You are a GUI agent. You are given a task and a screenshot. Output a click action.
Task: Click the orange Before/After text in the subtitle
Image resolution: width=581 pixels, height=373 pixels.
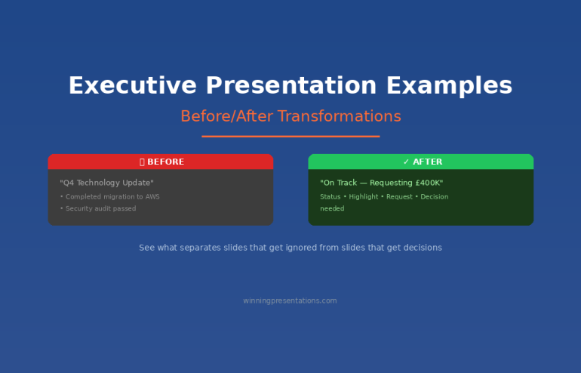227,116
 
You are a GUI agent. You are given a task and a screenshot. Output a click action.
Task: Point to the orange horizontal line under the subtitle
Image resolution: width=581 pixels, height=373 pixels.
290,137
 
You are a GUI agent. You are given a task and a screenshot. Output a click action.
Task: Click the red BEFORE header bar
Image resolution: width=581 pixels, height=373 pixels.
161,162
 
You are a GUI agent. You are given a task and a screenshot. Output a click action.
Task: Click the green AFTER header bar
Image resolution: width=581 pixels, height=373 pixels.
421,162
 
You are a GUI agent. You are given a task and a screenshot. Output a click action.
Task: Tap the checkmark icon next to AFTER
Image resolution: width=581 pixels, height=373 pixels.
406,162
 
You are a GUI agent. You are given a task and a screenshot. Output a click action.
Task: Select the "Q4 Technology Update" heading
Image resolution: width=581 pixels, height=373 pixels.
106,183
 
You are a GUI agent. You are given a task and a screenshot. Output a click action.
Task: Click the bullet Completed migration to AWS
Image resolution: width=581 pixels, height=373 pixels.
110,197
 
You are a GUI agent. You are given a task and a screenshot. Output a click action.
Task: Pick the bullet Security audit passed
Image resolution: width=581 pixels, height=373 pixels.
99,208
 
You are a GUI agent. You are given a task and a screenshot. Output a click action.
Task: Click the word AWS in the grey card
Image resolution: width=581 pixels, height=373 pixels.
152,197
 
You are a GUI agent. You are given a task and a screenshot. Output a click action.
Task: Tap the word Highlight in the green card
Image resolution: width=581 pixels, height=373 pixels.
365,197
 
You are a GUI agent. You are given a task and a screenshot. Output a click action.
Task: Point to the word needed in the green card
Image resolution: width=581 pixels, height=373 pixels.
332,208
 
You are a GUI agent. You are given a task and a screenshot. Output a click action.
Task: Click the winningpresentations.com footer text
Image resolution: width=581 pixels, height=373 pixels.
290,301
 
